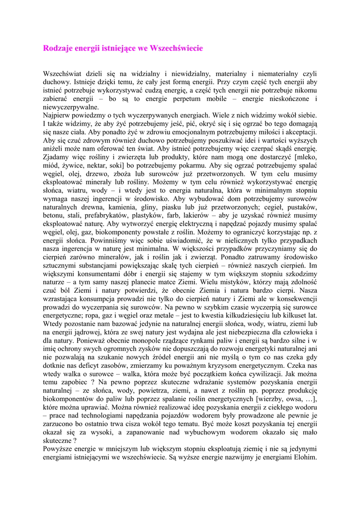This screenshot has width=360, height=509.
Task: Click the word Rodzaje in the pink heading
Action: coord(58,48)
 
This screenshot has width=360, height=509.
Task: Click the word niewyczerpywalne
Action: coord(71,107)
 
